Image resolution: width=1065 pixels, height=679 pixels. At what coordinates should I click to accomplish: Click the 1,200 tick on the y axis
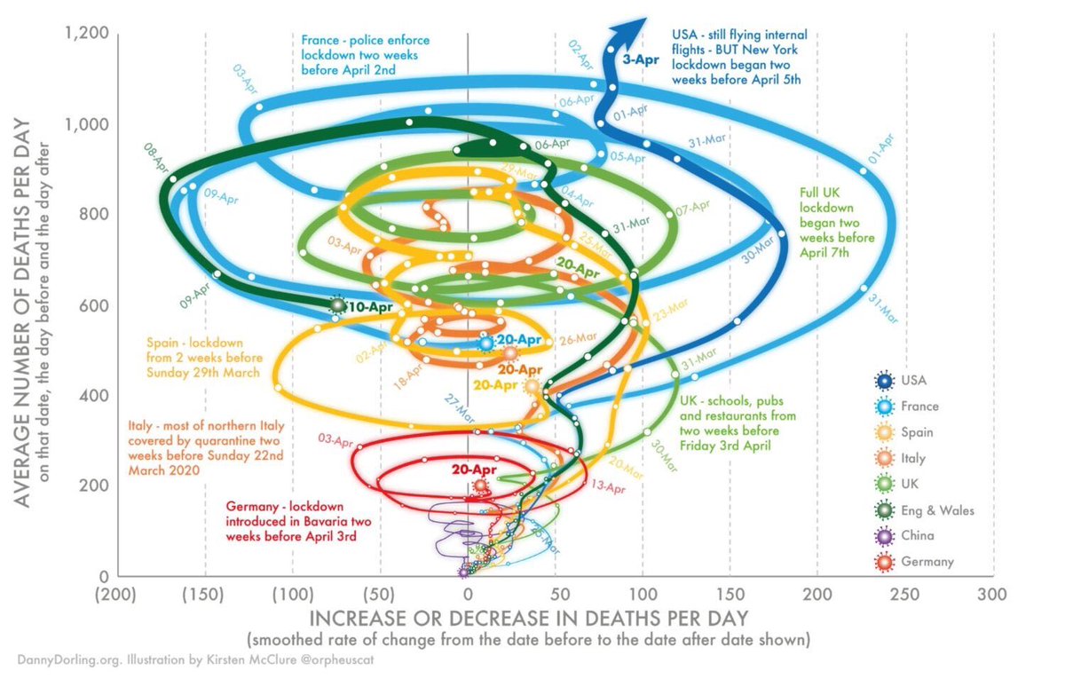click(x=86, y=34)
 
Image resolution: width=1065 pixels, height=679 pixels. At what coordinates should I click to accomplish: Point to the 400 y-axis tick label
click(x=94, y=396)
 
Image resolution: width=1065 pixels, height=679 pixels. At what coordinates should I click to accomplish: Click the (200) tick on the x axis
click(x=118, y=592)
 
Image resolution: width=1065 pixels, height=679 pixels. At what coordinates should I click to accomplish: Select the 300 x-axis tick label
click(x=991, y=592)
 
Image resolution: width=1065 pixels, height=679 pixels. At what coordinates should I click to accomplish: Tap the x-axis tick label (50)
click(x=380, y=592)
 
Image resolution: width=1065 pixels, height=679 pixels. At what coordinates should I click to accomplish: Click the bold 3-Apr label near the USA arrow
click(x=641, y=60)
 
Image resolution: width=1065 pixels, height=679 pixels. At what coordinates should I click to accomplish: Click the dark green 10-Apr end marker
click(x=337, y=305)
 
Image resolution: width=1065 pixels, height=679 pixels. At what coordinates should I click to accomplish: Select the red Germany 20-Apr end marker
click(x=481, y=486)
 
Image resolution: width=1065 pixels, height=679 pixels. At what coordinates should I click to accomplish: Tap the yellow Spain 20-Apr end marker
click(x=532, y=386)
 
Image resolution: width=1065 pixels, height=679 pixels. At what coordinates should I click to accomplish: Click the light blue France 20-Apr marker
click(x=485, y=343)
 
